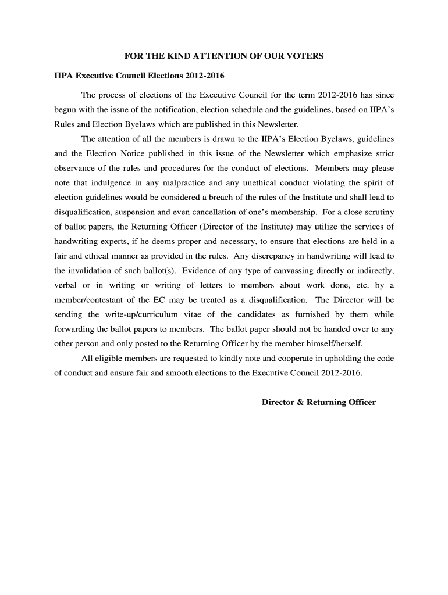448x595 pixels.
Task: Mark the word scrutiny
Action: tap(378, 212)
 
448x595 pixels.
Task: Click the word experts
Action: tap(132, 241)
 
